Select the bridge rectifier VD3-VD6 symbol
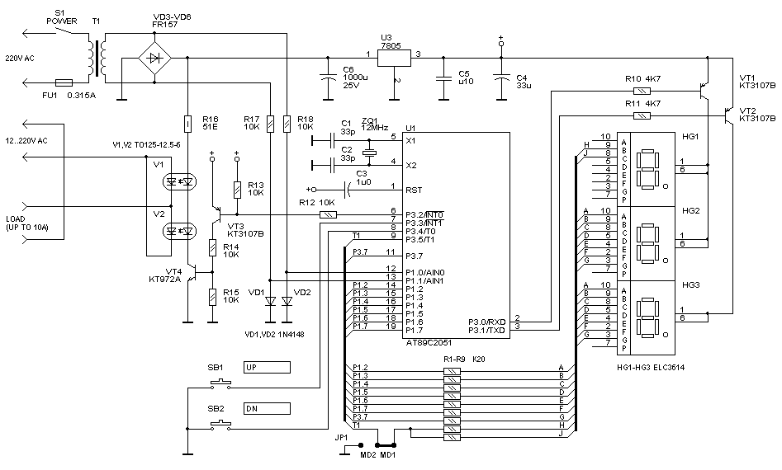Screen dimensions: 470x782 [x=154, y=59]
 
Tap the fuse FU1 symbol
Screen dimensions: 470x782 [x=64, y=82]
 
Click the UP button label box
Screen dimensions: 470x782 [x=268, y=367]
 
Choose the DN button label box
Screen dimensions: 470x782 [x=268, y=407]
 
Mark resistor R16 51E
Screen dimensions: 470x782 [x=188, y=123]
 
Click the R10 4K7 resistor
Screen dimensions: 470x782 [x=637, y=89]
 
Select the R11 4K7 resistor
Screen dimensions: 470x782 [x=637, y=114]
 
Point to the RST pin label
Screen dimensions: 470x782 [x=413, y=190]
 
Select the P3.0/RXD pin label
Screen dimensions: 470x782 [x=486, y=321]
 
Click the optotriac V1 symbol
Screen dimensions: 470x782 [x=180, y=180]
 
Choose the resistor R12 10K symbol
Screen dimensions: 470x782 [x=328, y=214]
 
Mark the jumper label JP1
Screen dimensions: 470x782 [x=342, y=437]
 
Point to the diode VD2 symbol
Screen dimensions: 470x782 [x=287, y=303]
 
